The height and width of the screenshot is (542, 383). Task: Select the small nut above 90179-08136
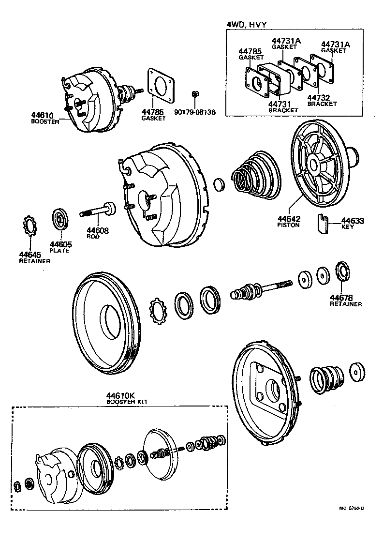pyautogui.click(x=194, y=93)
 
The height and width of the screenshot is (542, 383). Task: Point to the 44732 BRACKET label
pyautogui.click(x=322, y=100)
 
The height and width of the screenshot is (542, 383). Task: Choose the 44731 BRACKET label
pyautogui.click(x=283, y=106)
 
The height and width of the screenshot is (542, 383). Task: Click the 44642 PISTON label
pyautogui.click(x=288, y=222)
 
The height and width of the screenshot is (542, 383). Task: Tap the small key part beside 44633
pyautogui.click(x=324, y=223)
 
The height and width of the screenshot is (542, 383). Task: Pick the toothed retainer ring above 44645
pyautogui.click(x=30, y=226)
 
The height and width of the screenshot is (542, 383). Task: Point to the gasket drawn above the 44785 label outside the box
pyautogui.click(x=161, y=86)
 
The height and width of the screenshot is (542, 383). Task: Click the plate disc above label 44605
pyautogui.click(x=60, y=218)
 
